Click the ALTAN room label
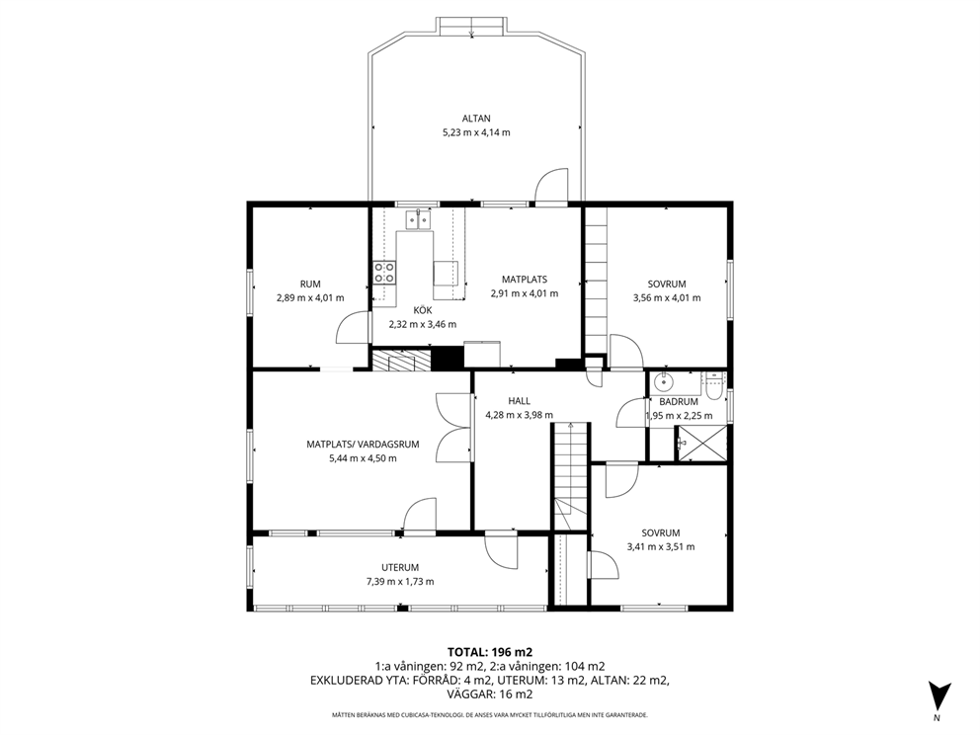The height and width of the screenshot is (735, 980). [x=476, y=119]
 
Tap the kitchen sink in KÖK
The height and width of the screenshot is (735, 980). [x=419, y=219]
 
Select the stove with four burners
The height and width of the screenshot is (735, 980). [x=384, y=273]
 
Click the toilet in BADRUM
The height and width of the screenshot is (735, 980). [x=713, y=386]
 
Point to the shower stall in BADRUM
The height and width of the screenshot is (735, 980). [x=701, y=444]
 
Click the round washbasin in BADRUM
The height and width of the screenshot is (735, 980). [x=661, y=381]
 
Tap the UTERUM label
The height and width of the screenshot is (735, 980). [x=400, y=567]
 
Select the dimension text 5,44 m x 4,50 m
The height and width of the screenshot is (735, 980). [x=363, y=458]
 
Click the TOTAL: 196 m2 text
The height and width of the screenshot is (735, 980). [x=490, y=652]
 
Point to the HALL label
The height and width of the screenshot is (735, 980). [x=520, y=401]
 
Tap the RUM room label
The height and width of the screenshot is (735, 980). [x=310, y=284]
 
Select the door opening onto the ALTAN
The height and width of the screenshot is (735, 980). [x=552, y=186]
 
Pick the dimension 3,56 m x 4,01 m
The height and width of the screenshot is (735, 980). [x=667, y=297]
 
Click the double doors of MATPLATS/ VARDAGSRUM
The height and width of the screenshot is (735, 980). [x=453, y=428]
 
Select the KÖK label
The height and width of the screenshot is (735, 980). [x=423, y=310]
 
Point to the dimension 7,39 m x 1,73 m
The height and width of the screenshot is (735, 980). [x=400, y=581]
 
